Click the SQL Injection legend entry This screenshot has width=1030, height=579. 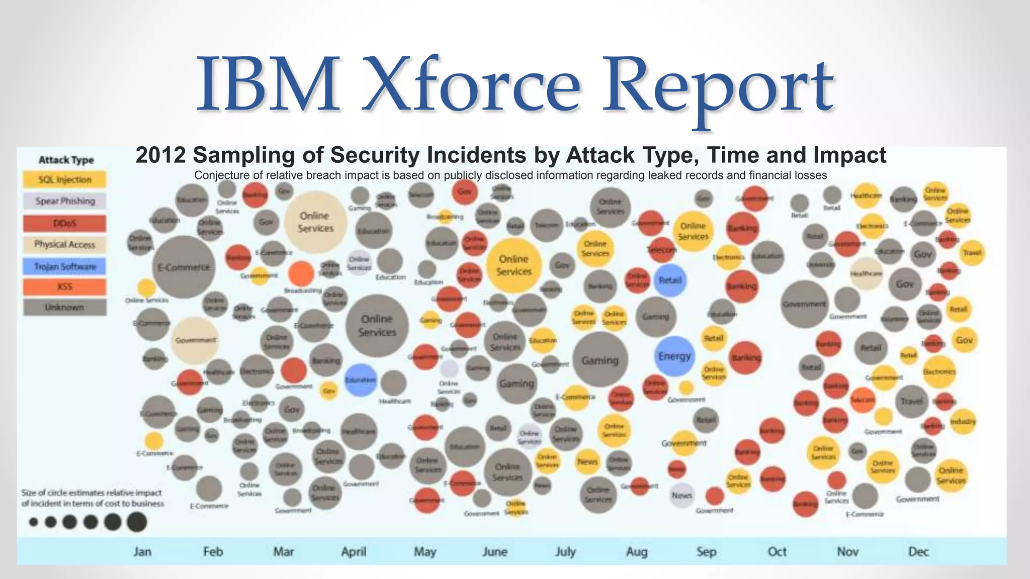[x=64, y=180]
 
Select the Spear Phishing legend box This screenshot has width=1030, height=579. [x=64, y=201]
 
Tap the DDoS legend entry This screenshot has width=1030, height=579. [x=64, y=223]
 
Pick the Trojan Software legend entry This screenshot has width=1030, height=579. [x=64, y=266]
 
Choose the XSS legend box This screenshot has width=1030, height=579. [x=64, y=287]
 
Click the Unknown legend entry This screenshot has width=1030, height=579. [x=64, y=307]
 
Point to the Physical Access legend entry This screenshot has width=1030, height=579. [x=64, y=245]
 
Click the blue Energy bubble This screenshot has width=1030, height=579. [x=674, y=356]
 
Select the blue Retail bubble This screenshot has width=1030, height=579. [x=670, y=280]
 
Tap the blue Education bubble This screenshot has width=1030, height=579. [x=360, y=380]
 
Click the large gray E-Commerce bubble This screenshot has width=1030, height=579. [x=184, y=267]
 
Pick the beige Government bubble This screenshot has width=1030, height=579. [x=195, y=340]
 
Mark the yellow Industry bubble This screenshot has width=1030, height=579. [x=963, y=422]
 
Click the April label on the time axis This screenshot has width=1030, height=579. [x=354, y=551]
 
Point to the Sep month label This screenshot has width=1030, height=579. [x=706, y=551]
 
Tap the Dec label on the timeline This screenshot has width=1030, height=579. [x=918, y=551]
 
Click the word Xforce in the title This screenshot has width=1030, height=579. [x=471, y=84]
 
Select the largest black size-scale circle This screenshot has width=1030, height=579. [x=137, y=522]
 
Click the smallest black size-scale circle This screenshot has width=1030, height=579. [x=34, y=522]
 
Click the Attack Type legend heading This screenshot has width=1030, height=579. [x=66, y=160]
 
